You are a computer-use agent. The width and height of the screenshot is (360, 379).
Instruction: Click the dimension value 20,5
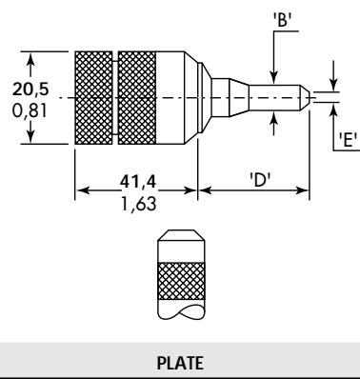[30, 89]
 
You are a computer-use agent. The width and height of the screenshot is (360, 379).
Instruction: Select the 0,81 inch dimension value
[30, 111]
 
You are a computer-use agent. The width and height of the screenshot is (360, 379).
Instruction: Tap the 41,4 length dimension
[138, 182]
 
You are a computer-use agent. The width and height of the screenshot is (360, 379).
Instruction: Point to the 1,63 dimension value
[139, 204]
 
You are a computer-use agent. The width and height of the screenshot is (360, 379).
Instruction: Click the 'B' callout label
[282, 20]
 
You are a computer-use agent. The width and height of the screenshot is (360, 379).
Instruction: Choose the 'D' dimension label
[260, 180]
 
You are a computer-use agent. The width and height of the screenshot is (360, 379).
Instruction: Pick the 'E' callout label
[348, 139]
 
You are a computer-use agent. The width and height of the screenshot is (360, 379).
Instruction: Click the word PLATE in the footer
[180, 363]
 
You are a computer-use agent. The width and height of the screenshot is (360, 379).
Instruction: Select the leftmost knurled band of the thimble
[93, 98]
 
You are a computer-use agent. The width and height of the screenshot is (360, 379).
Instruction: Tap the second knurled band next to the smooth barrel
[137, 98]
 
